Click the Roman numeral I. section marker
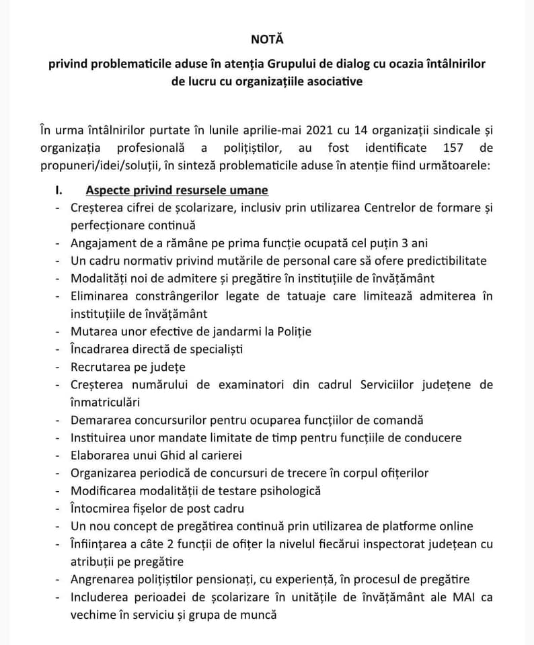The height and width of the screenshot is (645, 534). pyautogui.click(x=59, y=190)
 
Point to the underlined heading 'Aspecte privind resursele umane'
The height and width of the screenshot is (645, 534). pyautogui.click(x=177, y=190)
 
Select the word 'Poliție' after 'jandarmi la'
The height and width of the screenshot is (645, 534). pyautogui.click(x=292, y=331)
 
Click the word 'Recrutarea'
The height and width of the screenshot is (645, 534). pyautogui.click(x=102, y=367)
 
